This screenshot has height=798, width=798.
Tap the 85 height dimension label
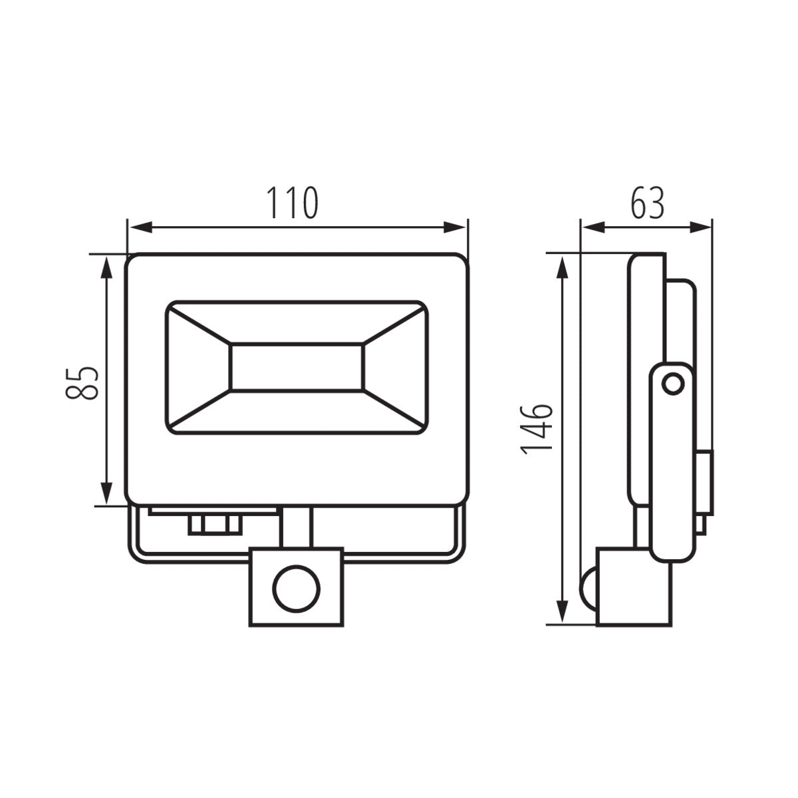82,382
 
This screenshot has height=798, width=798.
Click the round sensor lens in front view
297,587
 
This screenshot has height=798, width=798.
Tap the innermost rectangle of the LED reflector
297,367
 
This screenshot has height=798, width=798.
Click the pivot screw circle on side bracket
673,383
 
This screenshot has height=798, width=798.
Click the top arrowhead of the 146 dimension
563,265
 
